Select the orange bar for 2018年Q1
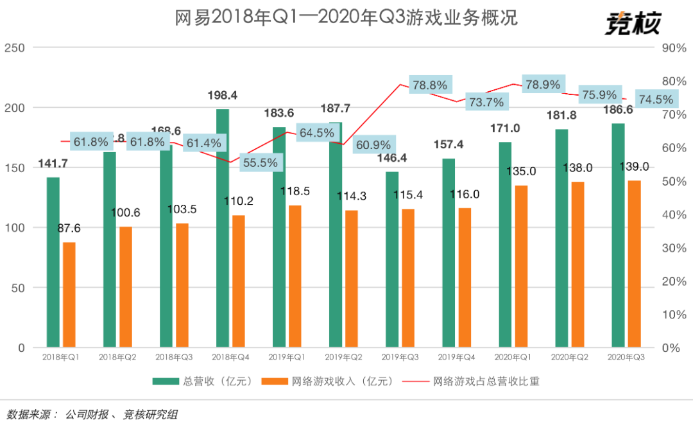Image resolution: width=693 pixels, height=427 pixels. [69, 295]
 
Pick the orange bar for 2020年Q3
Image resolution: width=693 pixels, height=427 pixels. [634, 264]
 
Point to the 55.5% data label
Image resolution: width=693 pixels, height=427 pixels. [261, 162]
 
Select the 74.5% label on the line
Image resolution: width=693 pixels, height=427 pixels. [656, 100]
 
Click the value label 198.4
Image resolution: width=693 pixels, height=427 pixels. [223, 95]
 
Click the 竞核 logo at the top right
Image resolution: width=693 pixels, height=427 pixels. [632, 24]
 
